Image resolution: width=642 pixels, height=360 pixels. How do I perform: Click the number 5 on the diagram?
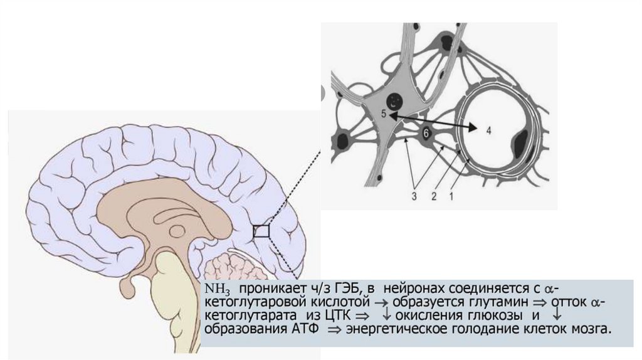(x=384, y=114)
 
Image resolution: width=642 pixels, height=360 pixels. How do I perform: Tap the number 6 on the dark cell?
(x=426, y=133)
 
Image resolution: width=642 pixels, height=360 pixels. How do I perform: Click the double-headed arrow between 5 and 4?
(x=433, y=122)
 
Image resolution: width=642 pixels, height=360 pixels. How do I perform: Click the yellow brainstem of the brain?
(x=169, y=289)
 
